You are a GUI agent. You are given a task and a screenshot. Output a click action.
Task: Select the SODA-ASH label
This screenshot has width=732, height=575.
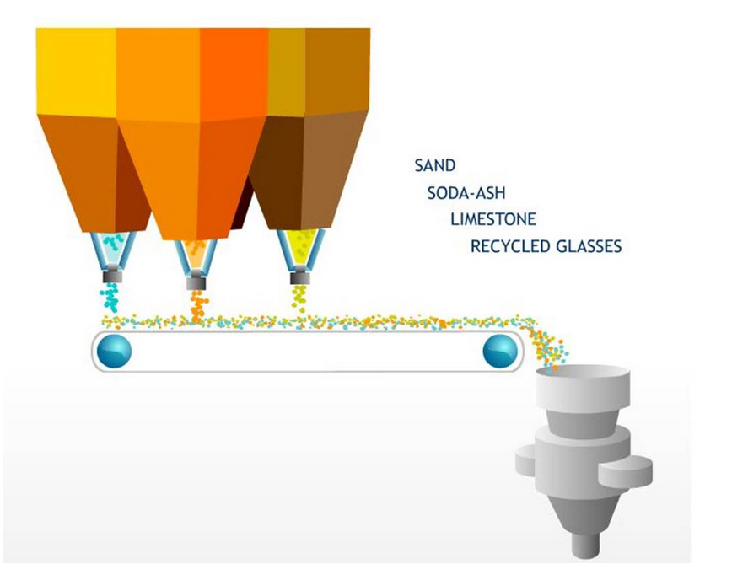(x=466, y=192)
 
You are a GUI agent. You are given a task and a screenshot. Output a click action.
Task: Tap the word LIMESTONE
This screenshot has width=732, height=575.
(x=493, y=219)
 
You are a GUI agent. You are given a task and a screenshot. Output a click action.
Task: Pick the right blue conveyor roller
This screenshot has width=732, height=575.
(x=500, y=350)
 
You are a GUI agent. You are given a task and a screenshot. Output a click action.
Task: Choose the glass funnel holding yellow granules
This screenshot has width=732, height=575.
(x=300, y=250)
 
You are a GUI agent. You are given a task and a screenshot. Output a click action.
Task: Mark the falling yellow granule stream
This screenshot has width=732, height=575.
(x=299, y=298)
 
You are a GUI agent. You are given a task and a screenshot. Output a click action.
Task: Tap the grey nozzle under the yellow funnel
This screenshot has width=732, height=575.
(x=299, y=277)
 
